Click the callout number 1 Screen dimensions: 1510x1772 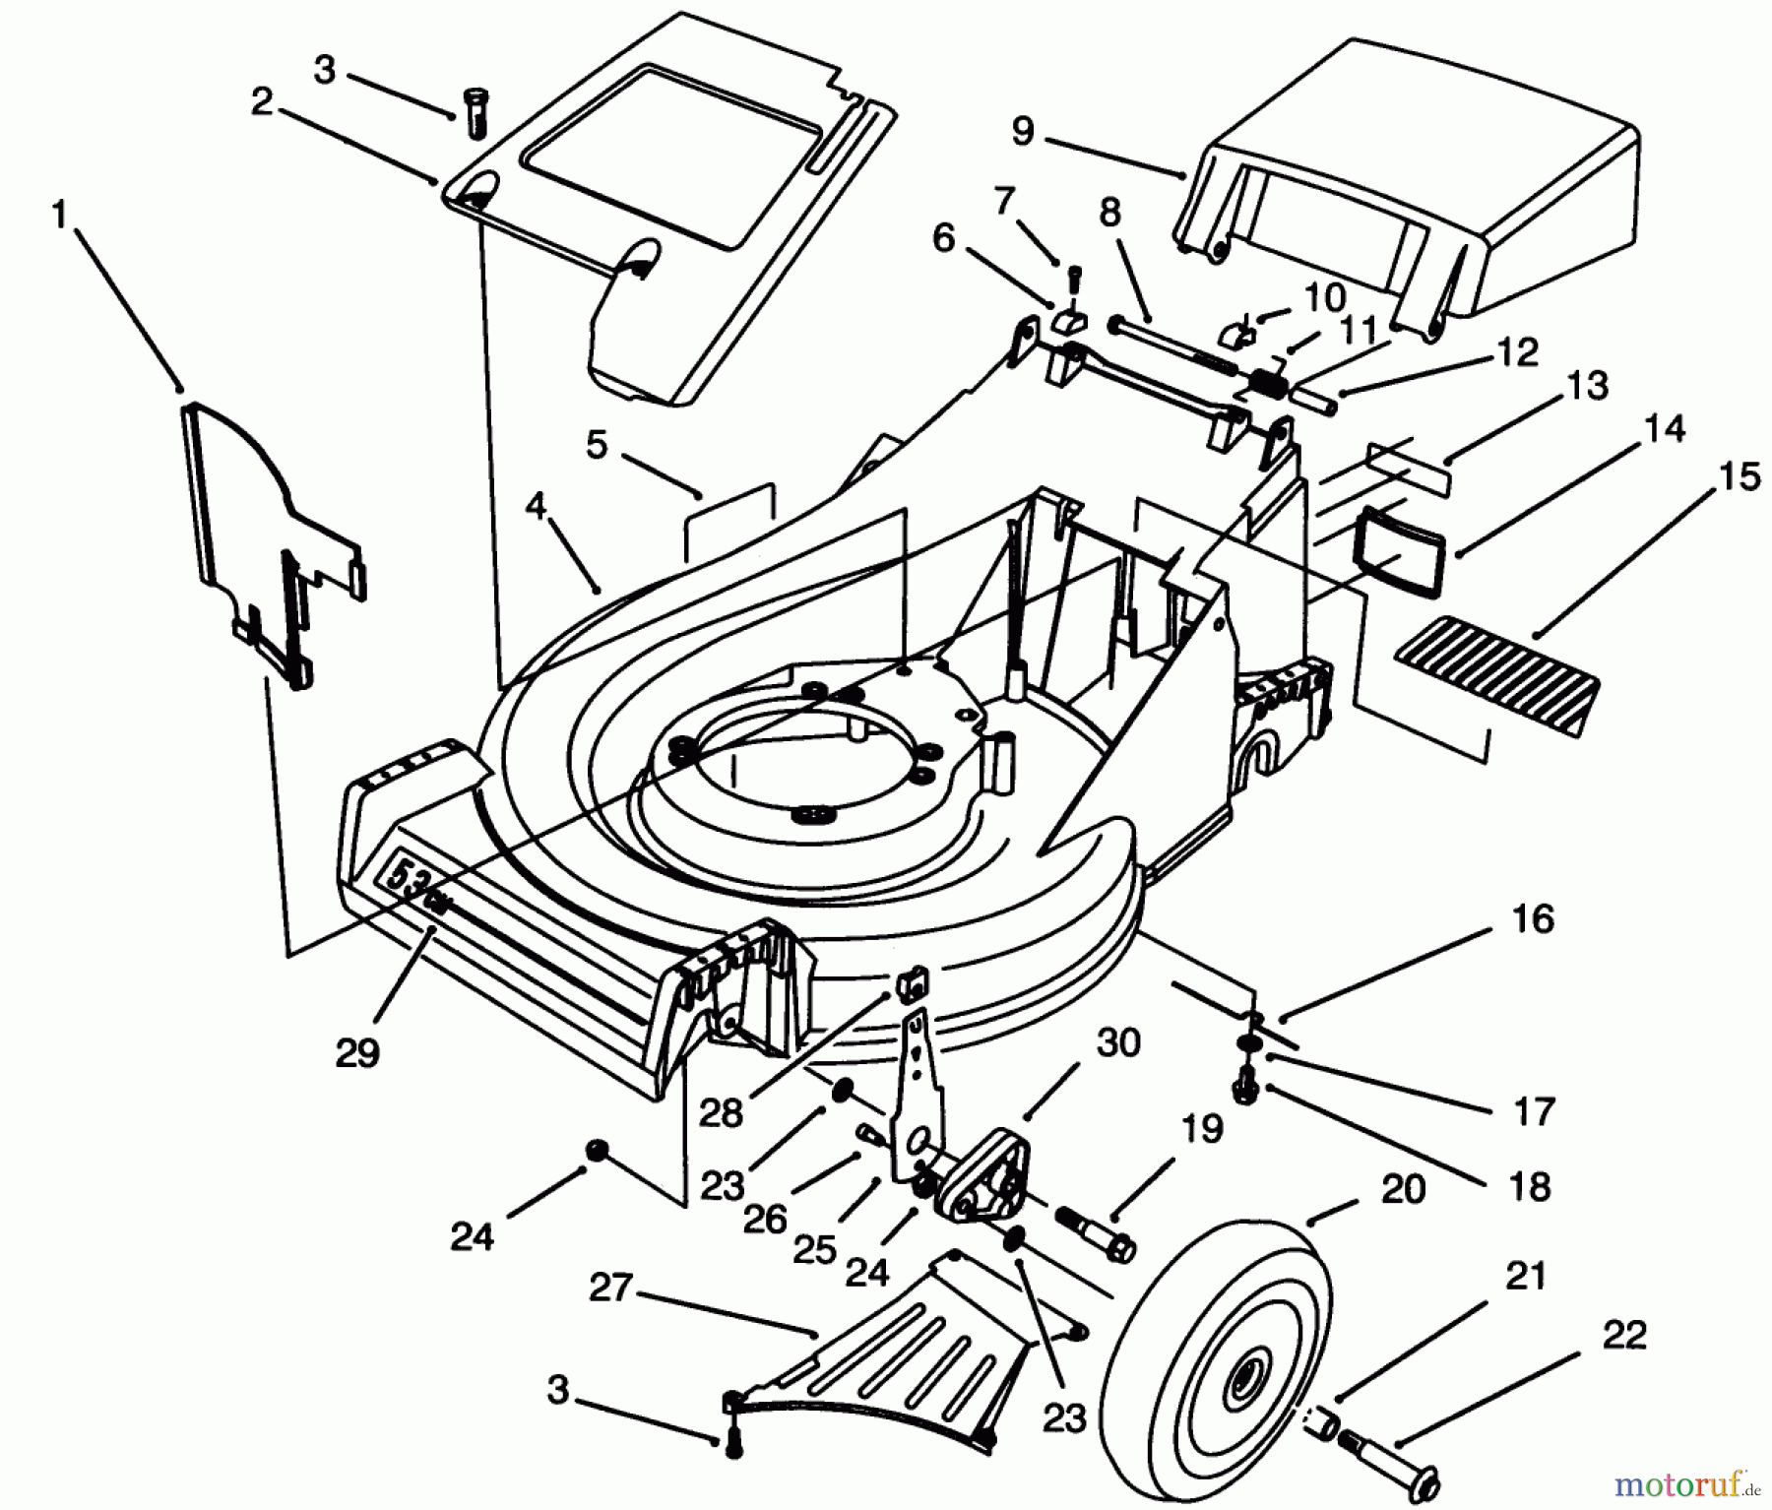(x=60, y=215)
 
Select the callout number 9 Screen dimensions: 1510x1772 (x=1024, y=131)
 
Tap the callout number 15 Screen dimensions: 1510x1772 (x=1740, y=476)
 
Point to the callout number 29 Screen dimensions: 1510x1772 (x=356, y=1053)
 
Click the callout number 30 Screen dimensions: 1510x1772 (x=1118, y=1043)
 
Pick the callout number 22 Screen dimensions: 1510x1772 (x=1623, y=1336)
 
